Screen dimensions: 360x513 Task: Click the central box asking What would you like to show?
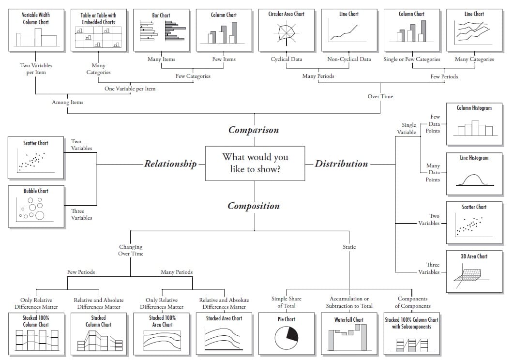click(255, 163)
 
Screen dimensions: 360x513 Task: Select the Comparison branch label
click(254, 130)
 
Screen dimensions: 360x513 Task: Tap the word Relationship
click(170, 164)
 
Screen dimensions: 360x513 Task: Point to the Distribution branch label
click(341, 164)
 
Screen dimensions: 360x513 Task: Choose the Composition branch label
click(254, 206)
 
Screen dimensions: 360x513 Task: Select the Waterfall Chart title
click(348, 319)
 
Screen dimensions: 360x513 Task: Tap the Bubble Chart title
click(36, 191)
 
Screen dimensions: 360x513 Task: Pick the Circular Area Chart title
click(287, 14)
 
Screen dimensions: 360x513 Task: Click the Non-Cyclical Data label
click(349, 60)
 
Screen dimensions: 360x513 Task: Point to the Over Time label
click(380, 96)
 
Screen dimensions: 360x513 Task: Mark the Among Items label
click(67, 102)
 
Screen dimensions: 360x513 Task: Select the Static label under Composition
click(349, 247)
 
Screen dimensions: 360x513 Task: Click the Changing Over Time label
click(131, 250)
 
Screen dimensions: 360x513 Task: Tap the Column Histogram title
click(474, 108)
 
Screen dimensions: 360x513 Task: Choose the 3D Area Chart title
click(474, 256)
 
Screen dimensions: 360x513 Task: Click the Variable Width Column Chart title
click(36, 18)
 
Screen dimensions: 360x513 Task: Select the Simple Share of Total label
click(287, 302)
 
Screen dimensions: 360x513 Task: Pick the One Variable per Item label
click(130, 89)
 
